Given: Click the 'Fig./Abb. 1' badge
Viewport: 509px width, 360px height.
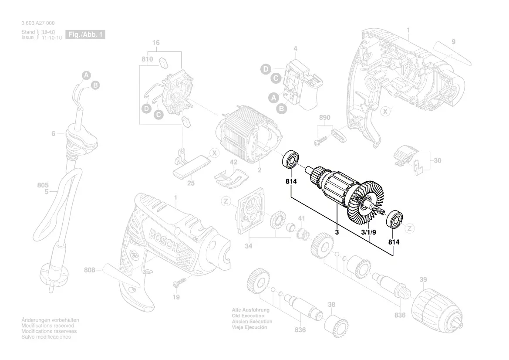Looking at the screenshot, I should pos(85,34).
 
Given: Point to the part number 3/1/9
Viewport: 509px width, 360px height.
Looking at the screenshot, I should pos(369,233).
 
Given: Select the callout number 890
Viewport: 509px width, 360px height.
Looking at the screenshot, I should pos(325,118).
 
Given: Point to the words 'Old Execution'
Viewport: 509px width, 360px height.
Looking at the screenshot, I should pos(248,316).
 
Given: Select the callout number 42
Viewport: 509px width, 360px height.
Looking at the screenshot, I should pos(234,162).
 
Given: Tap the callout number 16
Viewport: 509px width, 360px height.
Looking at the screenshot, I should pos(156,43).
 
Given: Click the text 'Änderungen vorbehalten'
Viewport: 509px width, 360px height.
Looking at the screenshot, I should pos(50,320).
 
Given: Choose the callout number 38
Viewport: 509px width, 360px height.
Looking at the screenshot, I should pos(331,305).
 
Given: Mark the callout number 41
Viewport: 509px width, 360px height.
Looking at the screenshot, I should pos(301,218).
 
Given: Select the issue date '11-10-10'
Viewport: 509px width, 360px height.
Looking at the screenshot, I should pos(51,38).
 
